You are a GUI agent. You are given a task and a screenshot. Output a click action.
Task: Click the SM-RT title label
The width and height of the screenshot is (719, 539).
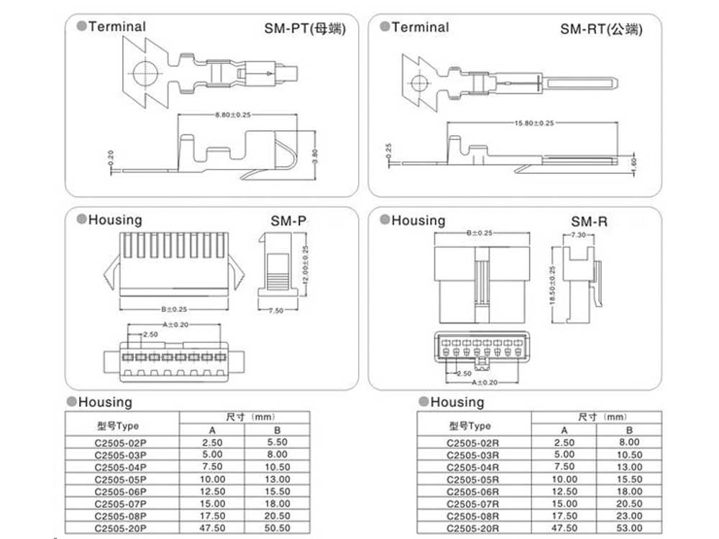pyautogui.click(x=601, y=29)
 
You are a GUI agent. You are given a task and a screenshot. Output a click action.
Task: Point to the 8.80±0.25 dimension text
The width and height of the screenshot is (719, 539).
pyautogui.click(x=232, y=116)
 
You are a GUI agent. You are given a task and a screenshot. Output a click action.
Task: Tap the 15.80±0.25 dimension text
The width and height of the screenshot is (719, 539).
pyautogui.click(x=533, y=123)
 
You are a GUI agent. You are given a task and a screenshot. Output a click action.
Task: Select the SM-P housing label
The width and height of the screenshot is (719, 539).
pyautogui.click(x=288, y=221)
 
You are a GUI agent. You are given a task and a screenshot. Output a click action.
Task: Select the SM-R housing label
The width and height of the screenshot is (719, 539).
pyautogui.click(x=589, y=221)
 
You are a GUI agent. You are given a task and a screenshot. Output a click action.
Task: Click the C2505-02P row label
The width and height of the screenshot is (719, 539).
pyautogui.click(x=121, y=443)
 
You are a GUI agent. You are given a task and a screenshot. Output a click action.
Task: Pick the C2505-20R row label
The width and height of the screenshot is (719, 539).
pyautogui.click(x=472, y=528)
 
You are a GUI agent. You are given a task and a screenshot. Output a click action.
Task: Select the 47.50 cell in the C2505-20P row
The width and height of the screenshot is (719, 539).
pyautogui.click(x=211, y=528)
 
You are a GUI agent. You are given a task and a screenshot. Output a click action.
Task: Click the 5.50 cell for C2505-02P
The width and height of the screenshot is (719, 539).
pyautogui.click(x=277, y=443)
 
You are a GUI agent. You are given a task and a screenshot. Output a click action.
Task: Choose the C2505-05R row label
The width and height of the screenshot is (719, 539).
pyautogui.click(x=472, y=479)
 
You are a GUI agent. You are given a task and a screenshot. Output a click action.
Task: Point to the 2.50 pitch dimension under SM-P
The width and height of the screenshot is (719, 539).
pyautogui.click(x=150, y=335)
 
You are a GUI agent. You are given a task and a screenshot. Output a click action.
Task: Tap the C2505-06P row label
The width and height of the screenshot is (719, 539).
pyautogui.click(x=121, y=492)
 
